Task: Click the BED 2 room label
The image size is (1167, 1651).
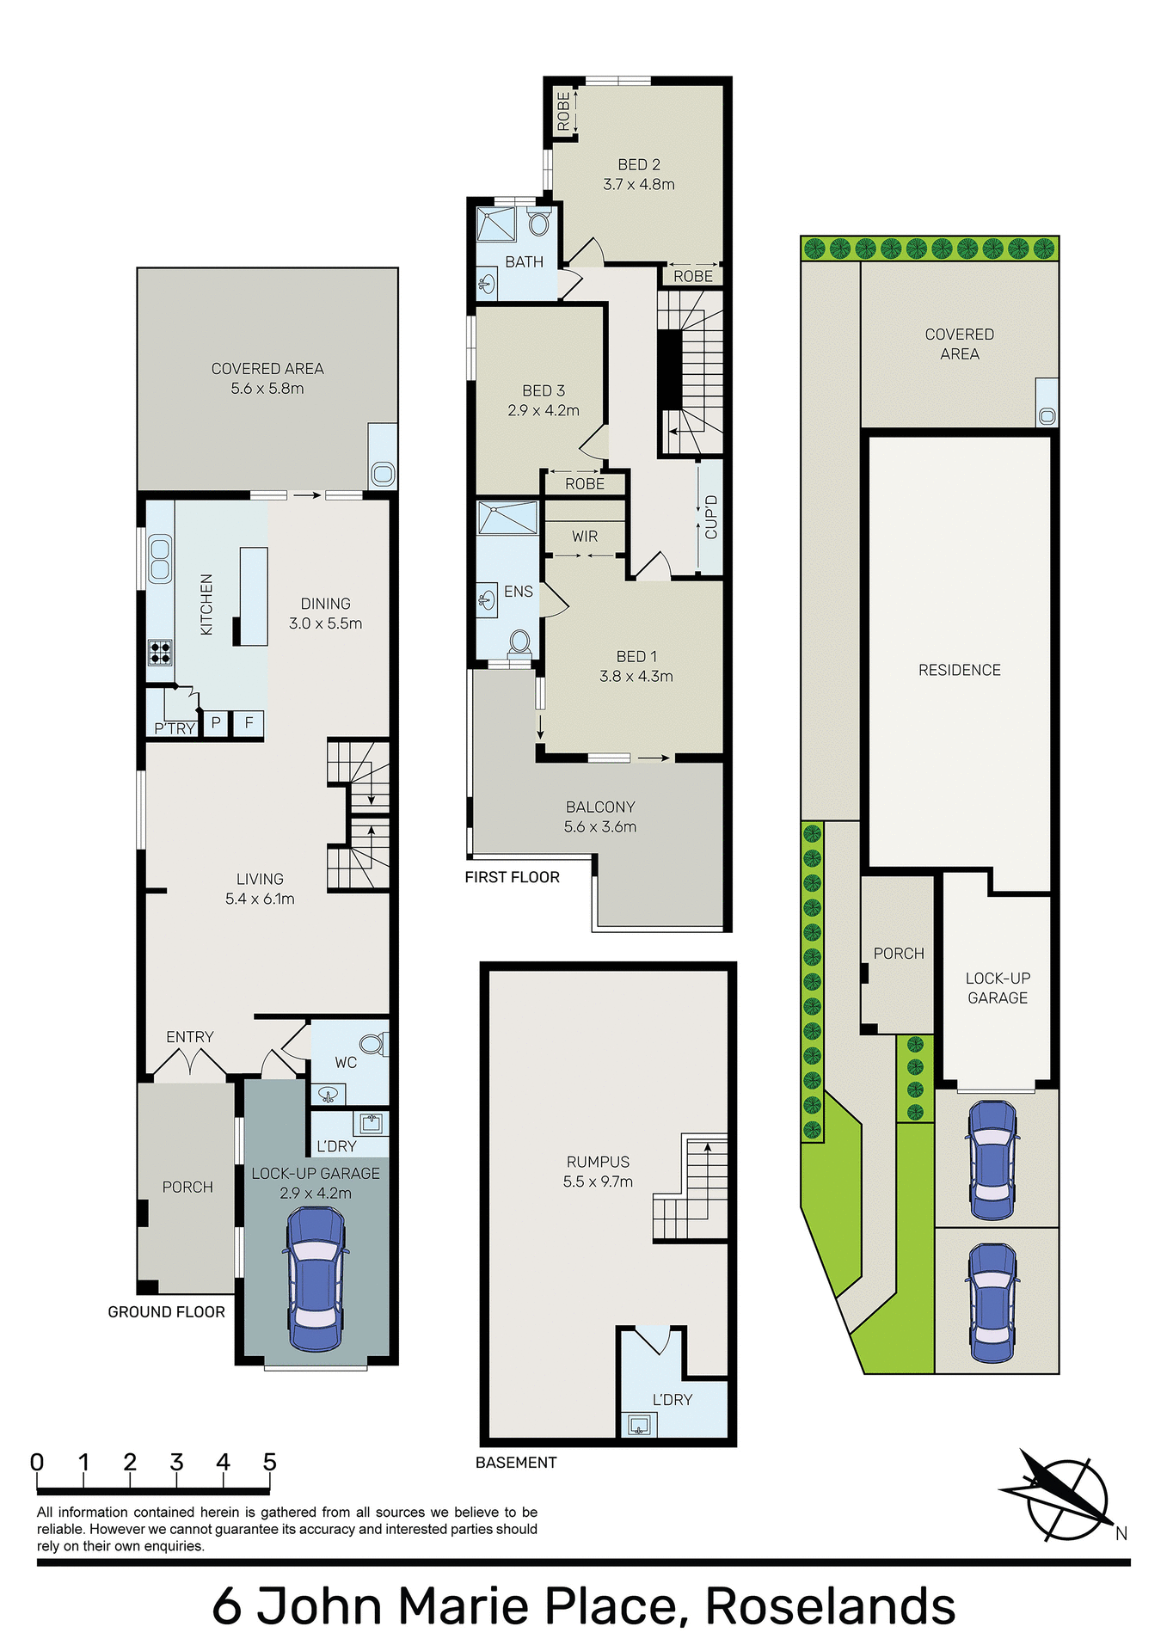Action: [x=638, y=174]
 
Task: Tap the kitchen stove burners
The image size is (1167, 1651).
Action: [x=160, y=652]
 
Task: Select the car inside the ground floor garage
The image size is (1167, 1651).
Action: [x=316, y=1279]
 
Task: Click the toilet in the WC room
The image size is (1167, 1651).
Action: [x=372, y=1044]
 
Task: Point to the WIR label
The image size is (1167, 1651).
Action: [x=584, y=536]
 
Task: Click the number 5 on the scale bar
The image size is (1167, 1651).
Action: [x=269, y=1462]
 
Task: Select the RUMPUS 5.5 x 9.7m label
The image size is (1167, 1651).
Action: [x=598, y=1171]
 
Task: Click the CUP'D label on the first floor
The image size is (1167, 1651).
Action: [x=710, y=517]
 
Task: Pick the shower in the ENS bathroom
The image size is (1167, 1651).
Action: [x=507, y=518]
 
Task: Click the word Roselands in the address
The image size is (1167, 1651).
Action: [x=830, y=1605]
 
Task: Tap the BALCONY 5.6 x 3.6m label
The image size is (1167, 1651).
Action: [x=600, y=817]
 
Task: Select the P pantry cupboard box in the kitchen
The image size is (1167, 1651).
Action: [x=216, y=723]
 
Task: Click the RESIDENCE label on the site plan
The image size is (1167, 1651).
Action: [x=959, y=670]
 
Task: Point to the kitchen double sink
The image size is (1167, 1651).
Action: [x=160, y=558]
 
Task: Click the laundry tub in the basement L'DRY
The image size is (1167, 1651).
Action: [x=638, y=1425]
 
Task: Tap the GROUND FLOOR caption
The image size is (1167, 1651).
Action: [x=166, y=1311]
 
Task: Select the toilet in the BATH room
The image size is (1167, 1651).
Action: [x=539, y=224]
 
